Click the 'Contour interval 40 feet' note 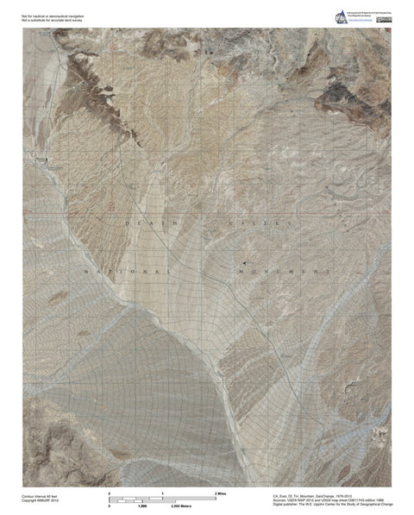[41, 496]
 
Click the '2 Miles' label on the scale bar [220, 492]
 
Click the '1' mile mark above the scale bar [163, 492]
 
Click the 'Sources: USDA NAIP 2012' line [331, 500]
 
